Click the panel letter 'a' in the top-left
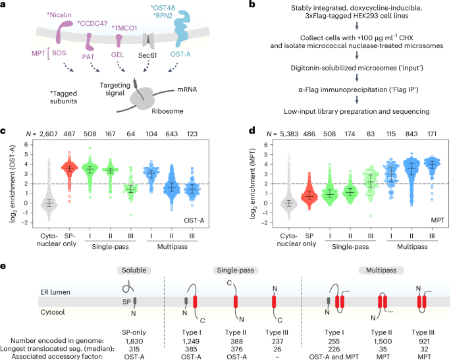tap(5, 7)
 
